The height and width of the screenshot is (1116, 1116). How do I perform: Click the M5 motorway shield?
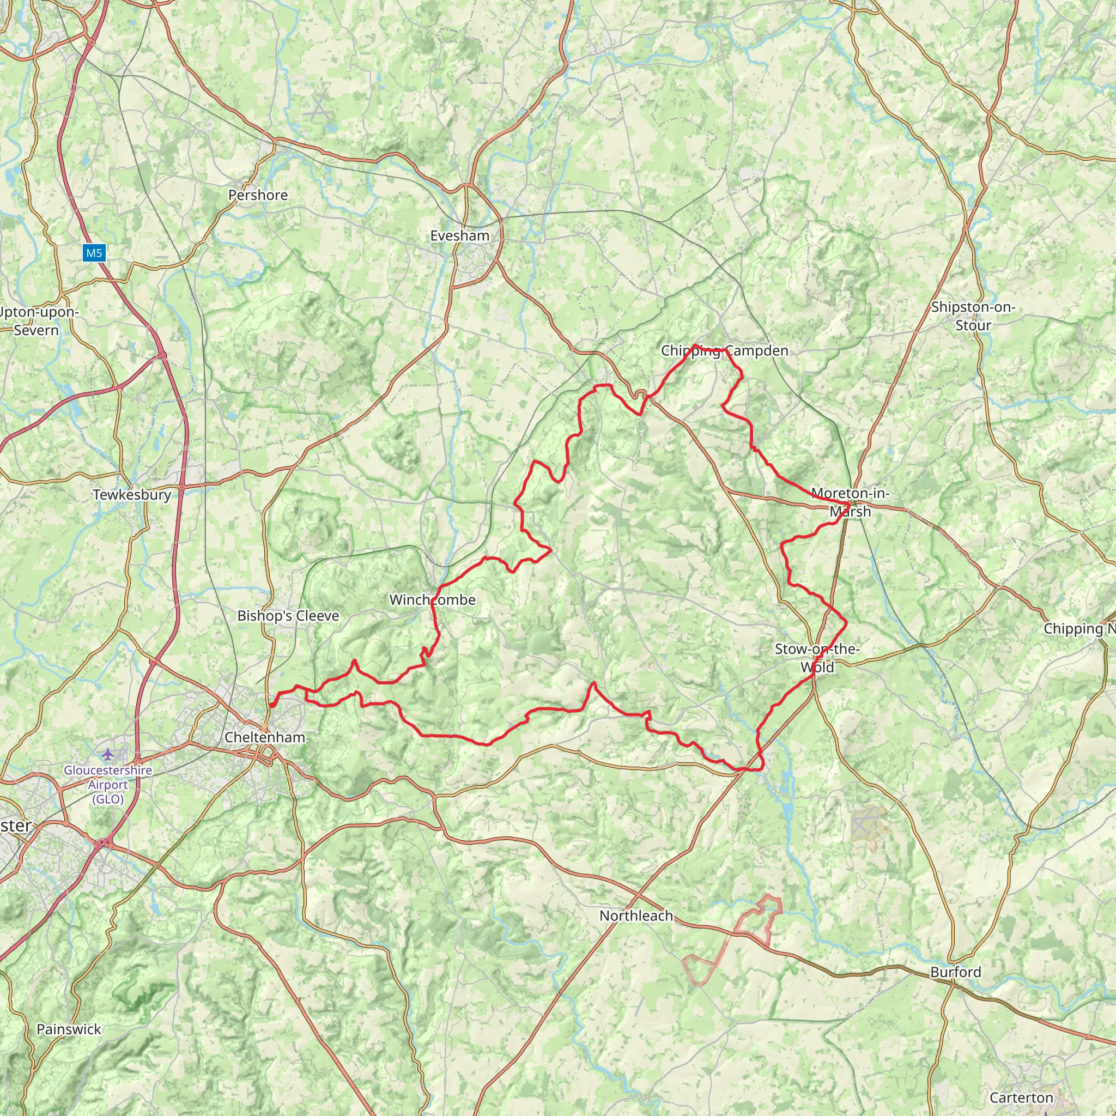94,253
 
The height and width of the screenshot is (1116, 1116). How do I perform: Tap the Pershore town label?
258,195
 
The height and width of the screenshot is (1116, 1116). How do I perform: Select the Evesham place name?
460,235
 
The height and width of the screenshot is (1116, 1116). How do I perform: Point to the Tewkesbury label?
132,495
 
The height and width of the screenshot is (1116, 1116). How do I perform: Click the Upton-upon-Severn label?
38,321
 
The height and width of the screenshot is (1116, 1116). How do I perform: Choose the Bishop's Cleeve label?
288,616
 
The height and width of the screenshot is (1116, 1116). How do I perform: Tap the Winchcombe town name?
433,599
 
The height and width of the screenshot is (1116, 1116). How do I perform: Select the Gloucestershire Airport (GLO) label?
108,785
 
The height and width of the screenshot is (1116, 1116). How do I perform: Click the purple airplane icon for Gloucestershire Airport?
108,754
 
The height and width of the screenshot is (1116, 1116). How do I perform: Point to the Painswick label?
69,1029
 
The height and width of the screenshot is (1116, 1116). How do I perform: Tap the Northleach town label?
636,915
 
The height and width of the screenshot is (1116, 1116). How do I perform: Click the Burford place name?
955,972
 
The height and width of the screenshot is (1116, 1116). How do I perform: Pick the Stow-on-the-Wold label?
817,658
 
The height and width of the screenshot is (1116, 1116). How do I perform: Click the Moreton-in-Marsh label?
850,502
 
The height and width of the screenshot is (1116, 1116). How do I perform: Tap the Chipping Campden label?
724,350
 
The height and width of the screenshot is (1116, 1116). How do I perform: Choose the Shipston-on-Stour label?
973,316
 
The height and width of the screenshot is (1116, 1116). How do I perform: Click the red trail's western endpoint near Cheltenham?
271,705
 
